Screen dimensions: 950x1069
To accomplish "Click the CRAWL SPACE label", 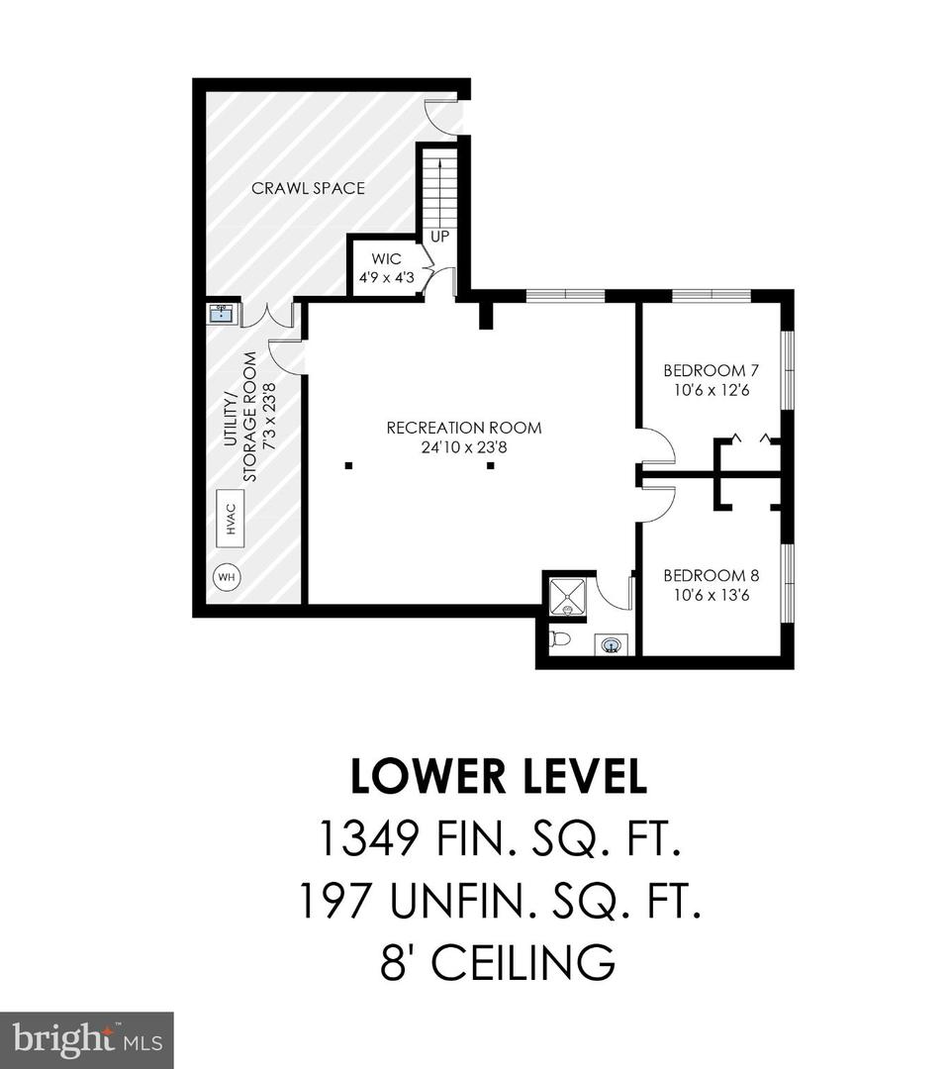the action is (308, 188).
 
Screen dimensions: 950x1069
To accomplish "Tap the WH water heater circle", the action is (227, 577).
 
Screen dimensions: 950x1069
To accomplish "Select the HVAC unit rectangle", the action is (231, 519).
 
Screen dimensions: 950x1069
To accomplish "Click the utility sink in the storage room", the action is (222, 315).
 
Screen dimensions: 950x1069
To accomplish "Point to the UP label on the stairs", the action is (440, 237).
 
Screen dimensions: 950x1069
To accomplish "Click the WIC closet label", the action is (386, 259).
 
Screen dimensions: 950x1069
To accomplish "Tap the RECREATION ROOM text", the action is (464, 429).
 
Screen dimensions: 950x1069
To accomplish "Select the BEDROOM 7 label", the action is (711, 371).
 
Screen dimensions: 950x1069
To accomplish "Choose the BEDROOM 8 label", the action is (712, 575).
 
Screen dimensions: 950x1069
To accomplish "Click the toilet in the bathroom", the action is (560, 639).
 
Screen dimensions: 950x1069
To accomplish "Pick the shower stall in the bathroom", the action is (565, 595).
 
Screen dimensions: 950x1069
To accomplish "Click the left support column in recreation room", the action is (348, 466).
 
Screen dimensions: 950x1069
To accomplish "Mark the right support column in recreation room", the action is (490, 466).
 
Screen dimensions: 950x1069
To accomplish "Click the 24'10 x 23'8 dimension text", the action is (464, 448).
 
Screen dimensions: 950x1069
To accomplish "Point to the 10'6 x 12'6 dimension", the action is (712, 391).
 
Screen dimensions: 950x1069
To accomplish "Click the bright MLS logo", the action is (86, 1040).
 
